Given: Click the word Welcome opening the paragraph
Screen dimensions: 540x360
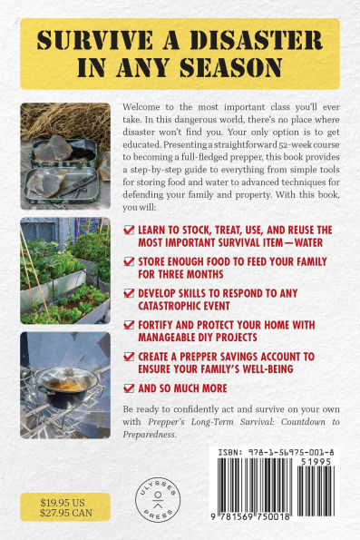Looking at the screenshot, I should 143,107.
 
